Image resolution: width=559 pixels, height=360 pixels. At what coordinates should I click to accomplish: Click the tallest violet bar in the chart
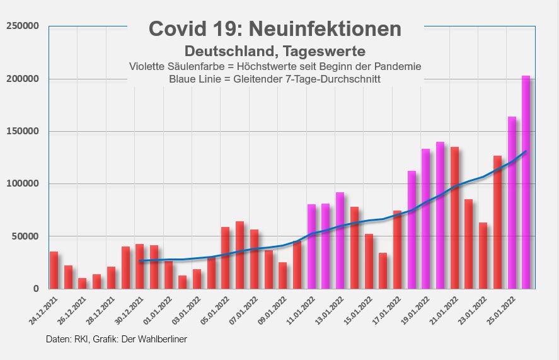click(x=526, y=183)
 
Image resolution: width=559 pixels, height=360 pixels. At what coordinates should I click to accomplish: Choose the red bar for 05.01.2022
click(x=225, y=258)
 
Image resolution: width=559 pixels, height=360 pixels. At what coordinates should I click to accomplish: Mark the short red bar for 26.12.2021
click(x=82, y=283)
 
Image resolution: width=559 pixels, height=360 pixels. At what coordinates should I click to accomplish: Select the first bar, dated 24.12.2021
click(x=54, y=270)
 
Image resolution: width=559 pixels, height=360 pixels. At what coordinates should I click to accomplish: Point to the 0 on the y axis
click(x=36, y=289)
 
